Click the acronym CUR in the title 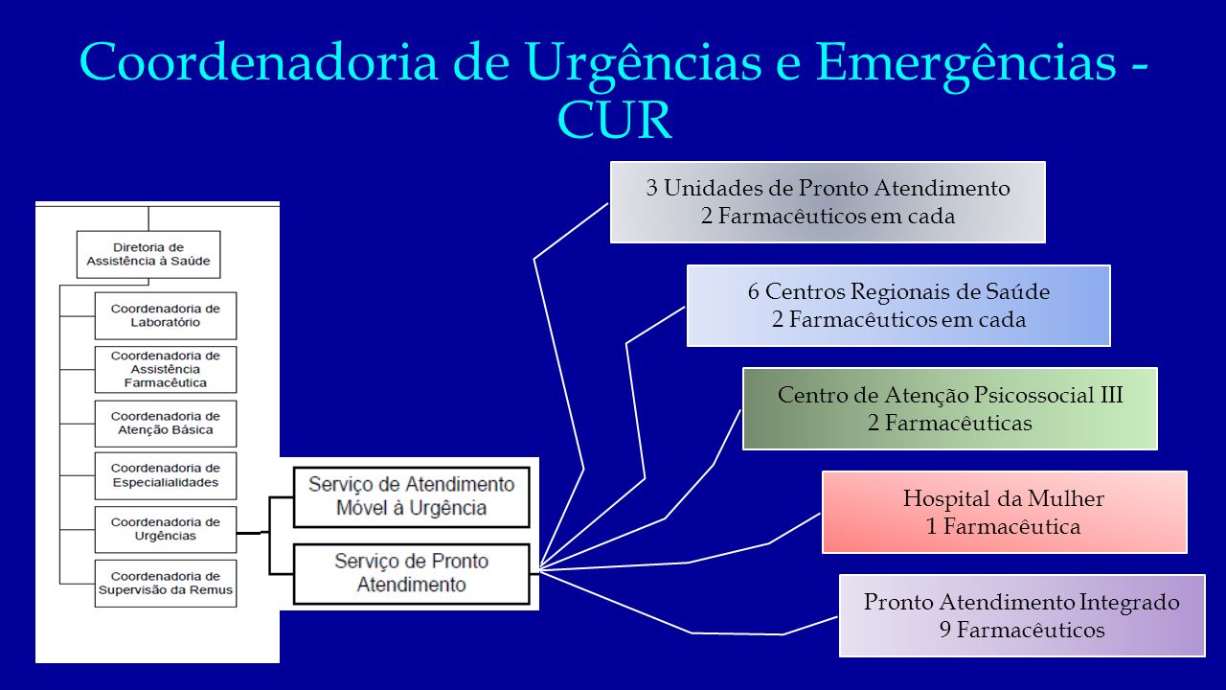click(x=615, y=120)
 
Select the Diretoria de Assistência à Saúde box click(x=148, y=254)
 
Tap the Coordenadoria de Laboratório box click(x=166, y=315)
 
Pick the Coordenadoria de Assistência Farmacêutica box click(x=166, y=369)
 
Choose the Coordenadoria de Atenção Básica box click(x=166, y=424)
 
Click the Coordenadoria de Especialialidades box click(x=166, y=475)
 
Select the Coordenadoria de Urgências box click(x=166, y=529)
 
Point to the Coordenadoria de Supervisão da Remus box click(x=166, y=584)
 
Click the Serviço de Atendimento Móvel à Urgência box click(x=412, y=496)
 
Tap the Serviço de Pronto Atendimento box click(x=412, y=573)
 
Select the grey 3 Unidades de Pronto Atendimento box click(x=828, y=202)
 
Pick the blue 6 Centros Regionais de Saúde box click(x=898, y=306)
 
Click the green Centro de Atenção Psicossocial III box click(x=950, y=408)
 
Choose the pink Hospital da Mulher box click(x=1005, y=512)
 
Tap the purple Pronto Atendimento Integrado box click(x=1022, y=615)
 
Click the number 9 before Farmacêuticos click(x=945, y=630)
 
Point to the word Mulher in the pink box click(x=1066, y=498)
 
